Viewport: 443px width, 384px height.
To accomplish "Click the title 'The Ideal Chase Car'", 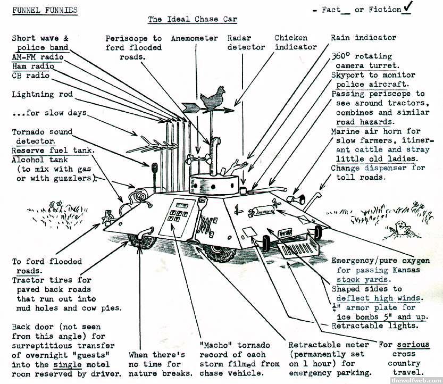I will pyautogui.click(x=192, y=20).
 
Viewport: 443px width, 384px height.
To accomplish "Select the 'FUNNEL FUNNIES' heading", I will pyautogui.click(x=45, y=10).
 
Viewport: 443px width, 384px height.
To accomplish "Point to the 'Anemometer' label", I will pyautogui.click(x=194, y=38).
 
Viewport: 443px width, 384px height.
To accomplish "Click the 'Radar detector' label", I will pyautogui.click(x=246, y=43).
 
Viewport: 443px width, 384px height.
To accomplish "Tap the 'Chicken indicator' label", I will pyautogui.click(x=295, y=43).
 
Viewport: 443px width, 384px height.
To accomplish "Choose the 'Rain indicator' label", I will pyautogui.click(x=363, y=38).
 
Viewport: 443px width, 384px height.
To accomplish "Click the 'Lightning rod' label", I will pyautogui.click(x=42, y=95).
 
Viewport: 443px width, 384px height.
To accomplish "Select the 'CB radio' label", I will pyautogui.click(x=31, y=76).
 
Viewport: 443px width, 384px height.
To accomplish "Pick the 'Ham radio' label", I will pyautogui.click(x=33, y=66).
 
